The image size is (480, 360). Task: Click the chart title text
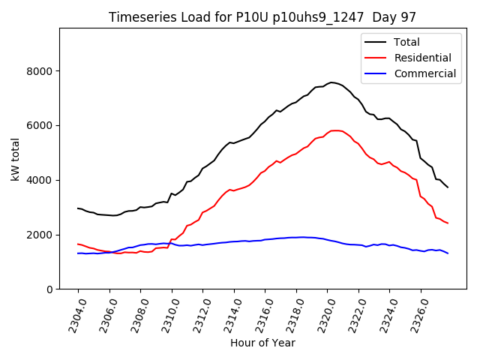262,17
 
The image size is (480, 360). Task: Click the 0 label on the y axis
50,289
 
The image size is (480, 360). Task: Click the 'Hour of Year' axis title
262,343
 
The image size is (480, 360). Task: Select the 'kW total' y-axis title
16,159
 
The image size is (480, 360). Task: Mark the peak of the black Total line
331,82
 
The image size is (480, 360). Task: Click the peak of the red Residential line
334,130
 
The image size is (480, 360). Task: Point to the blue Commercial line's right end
448,253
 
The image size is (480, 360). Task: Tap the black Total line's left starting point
78,208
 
